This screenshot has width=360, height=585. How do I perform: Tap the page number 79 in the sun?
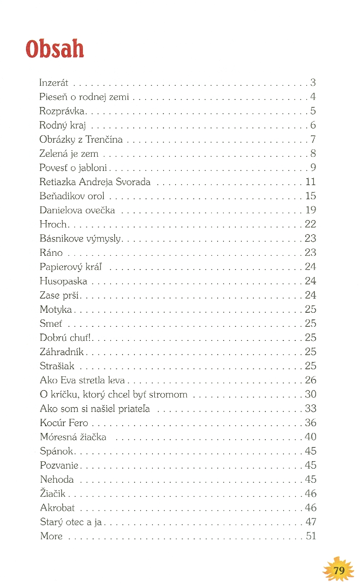pyautogui.click(x=339, y=570)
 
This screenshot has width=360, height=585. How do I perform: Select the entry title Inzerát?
pyautogui.click(x=54, y=83)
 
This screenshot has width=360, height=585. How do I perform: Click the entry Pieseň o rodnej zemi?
pyautogui.click(x=84, y=97)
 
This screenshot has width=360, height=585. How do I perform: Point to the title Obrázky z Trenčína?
pyautogui.click(x=81, y=139)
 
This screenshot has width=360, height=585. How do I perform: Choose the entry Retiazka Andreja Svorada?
pyautogui.click(x=95, y=182)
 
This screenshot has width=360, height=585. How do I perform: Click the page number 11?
pyautogui.click(x=310, y=182)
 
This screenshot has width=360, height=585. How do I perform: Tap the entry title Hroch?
pyautogui.click(x=53, y=224)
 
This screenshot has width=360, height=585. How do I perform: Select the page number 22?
pyautogui.click(x=310, y=224)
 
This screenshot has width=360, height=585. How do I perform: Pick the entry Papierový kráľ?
pyautogui.click(x=71, y=267)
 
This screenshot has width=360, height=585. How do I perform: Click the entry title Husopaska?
pyautogui.click(x=63, y=281)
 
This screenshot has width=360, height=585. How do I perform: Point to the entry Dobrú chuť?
pyautogui.click(x=65, y=338)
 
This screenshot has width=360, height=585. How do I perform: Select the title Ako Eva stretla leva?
pyautogui.click(x=82, y=380)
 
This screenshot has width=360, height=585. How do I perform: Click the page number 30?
pyautogui.click(x=310, y=394)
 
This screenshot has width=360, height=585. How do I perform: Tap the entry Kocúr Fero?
pyautogui.click(x=64, y=423)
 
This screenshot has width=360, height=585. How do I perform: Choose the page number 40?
pyautogui.click(x=310, y=437)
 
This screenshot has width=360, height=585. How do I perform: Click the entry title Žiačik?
pyautogui.click(x=53, y=493)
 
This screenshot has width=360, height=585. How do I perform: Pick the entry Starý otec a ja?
pyautogui.click(x=71, y=522)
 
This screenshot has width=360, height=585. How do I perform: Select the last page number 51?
pyautogui.click(x=311, y=536)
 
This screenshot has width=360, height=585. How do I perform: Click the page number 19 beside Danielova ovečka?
pyautogui.click(x=310, y=210)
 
